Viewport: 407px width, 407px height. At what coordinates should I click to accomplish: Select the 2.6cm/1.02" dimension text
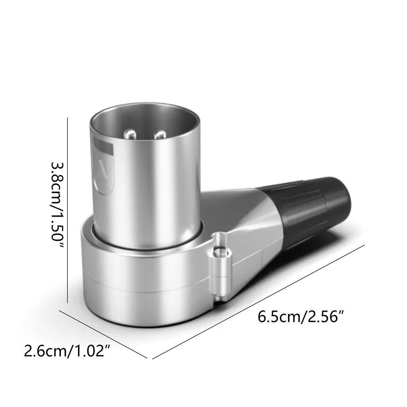pos(67,351)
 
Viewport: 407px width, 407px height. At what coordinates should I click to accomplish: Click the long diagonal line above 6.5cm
pos(258,302)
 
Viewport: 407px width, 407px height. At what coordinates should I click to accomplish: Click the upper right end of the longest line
pos(364,245)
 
